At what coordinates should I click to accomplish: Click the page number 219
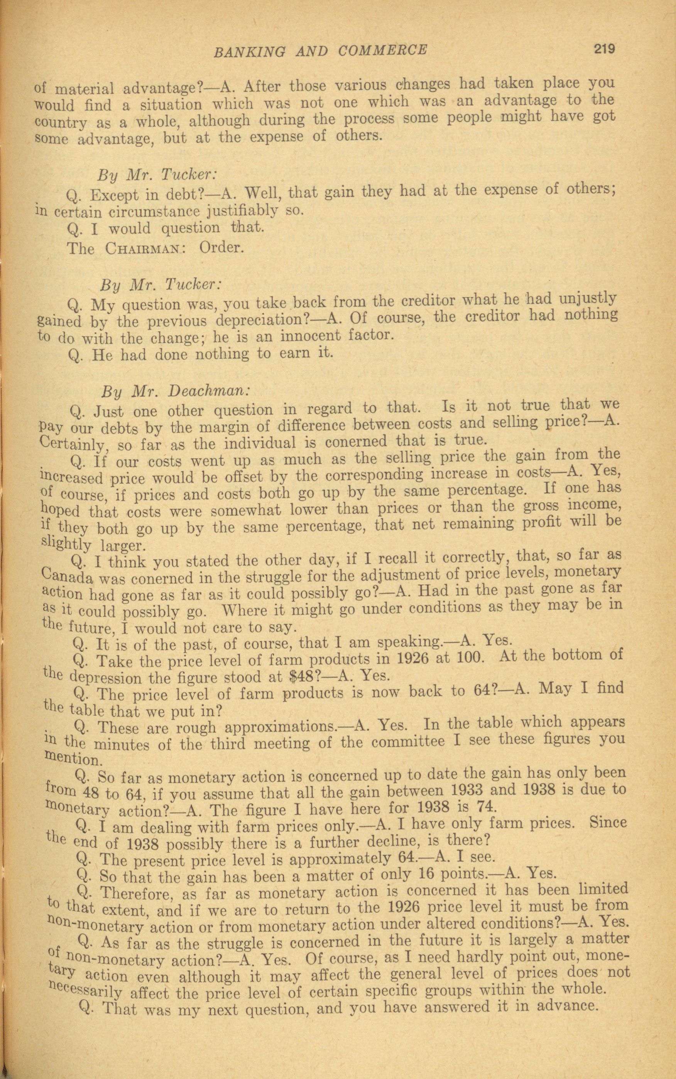click(605, 48)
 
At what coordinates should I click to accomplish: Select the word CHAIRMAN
click(142, 249)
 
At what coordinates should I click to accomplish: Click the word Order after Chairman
click(221, 247)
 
